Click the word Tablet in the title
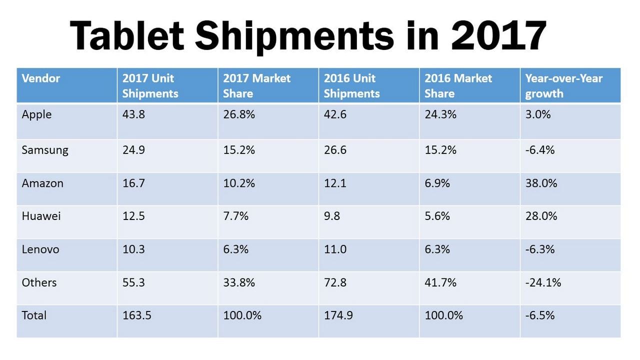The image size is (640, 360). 127,36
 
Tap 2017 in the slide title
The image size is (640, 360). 498,36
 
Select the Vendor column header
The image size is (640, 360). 41,78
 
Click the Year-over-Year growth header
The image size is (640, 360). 563,85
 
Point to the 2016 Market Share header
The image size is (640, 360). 458,85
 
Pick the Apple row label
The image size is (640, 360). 36,114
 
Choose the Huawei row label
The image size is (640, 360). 41,216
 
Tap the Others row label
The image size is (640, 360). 39,282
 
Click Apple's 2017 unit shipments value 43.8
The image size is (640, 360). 133,114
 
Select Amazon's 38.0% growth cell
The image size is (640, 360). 541,183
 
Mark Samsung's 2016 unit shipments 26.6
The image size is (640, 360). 335,150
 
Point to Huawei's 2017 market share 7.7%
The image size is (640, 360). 235,216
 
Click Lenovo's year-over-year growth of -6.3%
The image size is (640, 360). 540,249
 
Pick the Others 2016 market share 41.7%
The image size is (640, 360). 440,282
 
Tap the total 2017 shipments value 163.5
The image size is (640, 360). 136,315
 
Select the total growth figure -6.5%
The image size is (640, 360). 540,315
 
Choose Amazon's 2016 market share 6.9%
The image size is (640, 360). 437,183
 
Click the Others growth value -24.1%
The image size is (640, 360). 543,282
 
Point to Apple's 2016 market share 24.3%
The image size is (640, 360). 440,114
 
